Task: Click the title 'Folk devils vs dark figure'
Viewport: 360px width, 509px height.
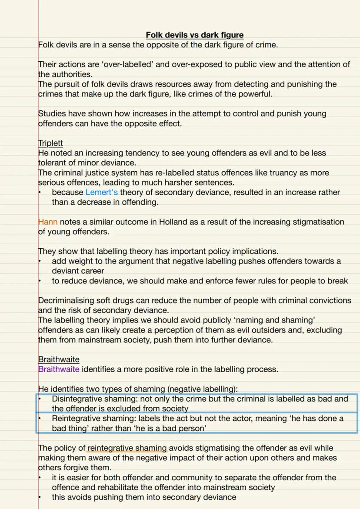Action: coord(194,35)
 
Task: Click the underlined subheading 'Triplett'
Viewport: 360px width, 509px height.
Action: coord(50,143)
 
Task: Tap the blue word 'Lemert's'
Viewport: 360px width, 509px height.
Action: coord(102,192)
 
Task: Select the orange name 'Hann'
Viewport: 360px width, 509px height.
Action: coord(48,222)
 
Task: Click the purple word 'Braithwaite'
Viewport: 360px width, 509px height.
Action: coord(59,369)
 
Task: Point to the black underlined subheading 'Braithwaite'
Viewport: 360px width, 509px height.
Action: coord(59,359)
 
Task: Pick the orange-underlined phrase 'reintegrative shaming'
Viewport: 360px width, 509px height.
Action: coord(127,448)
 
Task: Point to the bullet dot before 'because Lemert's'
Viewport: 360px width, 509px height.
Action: coord(40,192)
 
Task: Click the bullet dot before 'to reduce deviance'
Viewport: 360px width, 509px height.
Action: coord(40,281)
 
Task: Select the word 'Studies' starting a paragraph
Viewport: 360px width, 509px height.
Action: coord(52,113)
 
